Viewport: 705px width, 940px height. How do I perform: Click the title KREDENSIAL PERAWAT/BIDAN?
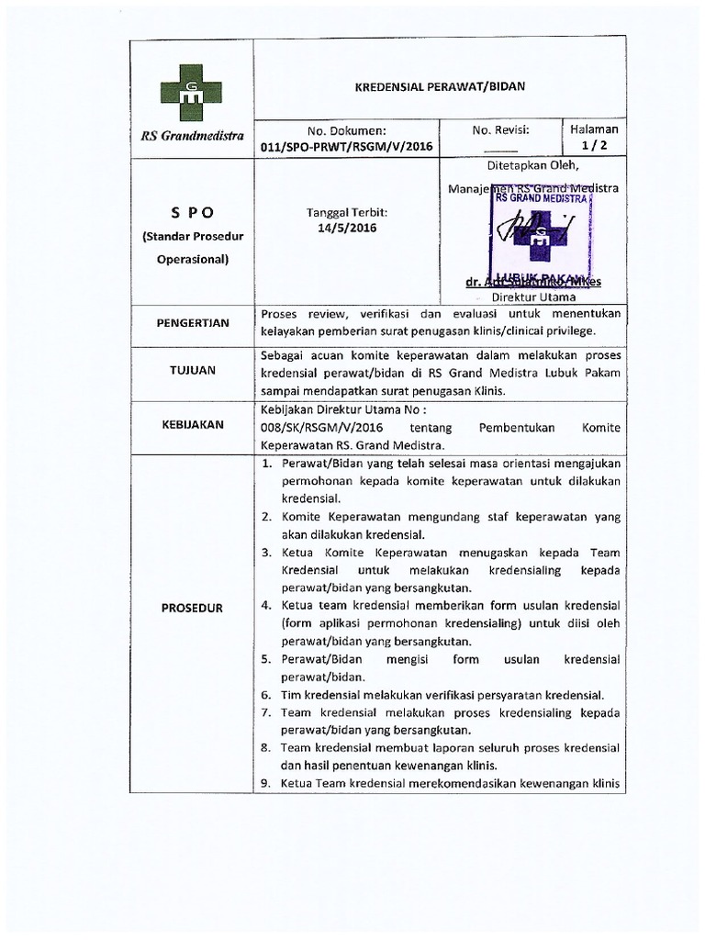point(440,86)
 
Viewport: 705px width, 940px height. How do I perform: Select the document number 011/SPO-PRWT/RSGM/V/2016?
point(346,146)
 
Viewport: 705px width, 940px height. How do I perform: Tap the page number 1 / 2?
point(594,146)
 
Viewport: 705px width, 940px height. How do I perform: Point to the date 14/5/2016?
point(347,228)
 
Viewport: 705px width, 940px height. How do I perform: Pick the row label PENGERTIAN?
point(191,323)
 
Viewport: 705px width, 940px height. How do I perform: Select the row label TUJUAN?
point(191,370)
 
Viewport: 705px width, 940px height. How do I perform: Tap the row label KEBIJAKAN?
point(191,424)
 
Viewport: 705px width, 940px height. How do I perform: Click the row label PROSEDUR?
point(191,608)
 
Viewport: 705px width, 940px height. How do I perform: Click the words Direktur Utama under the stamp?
point(534,297)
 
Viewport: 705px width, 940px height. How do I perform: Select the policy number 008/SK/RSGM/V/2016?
point(322,429)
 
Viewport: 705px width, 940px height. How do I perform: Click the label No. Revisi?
point(501,130)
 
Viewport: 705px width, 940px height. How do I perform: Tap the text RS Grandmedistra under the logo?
point(192,136)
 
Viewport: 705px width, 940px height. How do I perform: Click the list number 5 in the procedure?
point(265,660)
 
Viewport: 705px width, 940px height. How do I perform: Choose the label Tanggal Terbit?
point(347,211)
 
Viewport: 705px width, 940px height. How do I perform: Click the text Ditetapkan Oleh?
point(533,166)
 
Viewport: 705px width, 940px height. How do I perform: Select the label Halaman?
point(594,130)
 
